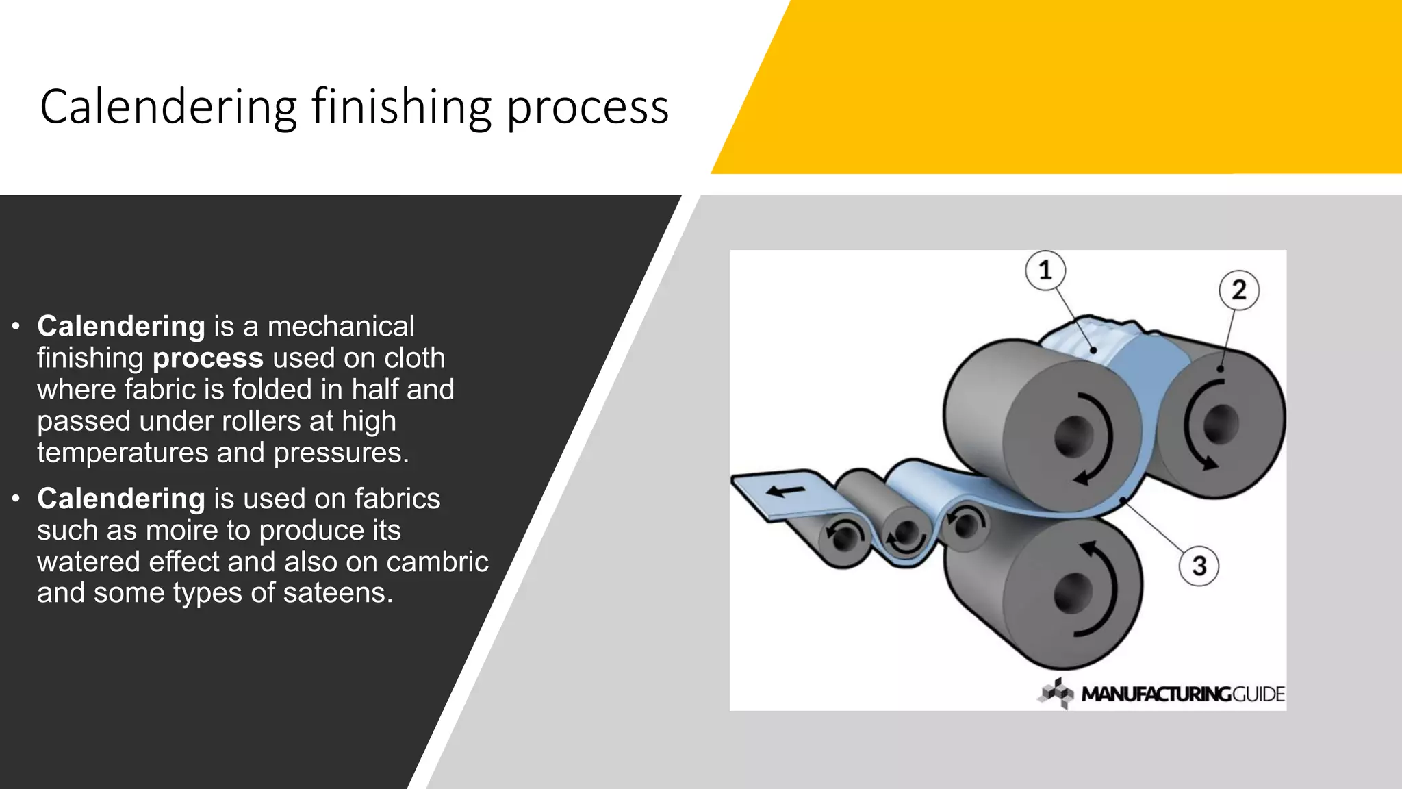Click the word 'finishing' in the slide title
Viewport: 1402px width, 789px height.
click(401, 108)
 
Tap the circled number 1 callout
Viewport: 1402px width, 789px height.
click(1045, 270)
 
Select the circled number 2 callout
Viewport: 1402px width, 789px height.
click(1238, 290)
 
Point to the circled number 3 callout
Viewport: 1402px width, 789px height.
click(1199, 566)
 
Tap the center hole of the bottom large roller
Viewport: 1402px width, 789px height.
click(1073, 592)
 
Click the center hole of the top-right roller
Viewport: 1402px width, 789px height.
click(1220, 423)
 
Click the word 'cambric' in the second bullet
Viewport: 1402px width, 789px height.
click(437, 562)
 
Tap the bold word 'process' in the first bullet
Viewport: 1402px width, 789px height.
click(208, 358)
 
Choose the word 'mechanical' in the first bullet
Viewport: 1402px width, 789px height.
click(341, 327)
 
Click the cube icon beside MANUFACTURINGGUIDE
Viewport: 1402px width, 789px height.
click(1056, 693)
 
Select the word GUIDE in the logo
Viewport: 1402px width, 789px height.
click(1258, 694)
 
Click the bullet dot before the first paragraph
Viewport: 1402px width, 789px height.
click(16, 327)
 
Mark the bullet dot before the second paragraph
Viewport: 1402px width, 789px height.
click(16, 499)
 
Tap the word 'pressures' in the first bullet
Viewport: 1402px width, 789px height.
click(340, 453)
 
